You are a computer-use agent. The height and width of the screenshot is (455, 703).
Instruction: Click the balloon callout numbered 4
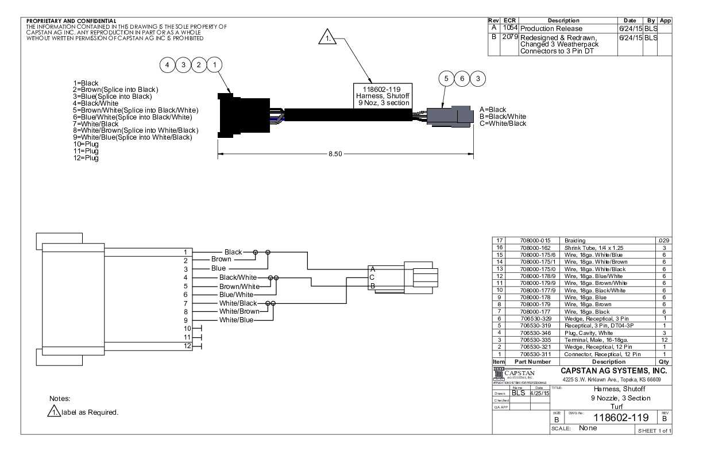click(167, 65)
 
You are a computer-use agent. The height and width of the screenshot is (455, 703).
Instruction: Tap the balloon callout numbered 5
click(446, 78)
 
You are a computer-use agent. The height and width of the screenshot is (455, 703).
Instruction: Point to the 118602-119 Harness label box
click(381, 95)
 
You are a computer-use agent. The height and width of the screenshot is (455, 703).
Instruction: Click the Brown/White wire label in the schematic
click(239, 286)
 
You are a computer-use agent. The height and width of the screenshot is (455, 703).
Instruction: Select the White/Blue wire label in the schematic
click(236, 320)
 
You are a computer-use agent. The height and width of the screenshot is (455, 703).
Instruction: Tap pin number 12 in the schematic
click(185, 345)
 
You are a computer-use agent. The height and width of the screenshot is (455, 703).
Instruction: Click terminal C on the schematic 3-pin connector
click(372, 277)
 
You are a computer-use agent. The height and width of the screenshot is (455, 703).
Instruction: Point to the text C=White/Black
click(503, 124)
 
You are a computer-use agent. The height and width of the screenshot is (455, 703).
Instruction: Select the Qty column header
click(664, 362)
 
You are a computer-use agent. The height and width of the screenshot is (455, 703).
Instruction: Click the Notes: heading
click(60, 398)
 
